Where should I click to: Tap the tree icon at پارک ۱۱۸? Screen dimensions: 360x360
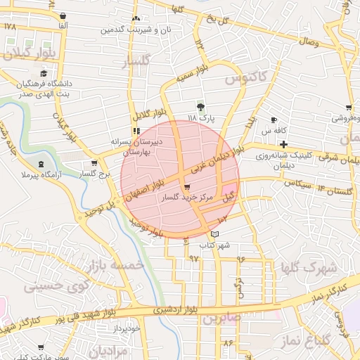202,107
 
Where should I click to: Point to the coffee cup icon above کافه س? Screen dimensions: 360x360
274,120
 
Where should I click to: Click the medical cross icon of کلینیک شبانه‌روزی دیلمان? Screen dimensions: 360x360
283,144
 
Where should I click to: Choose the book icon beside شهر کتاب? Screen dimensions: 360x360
214,234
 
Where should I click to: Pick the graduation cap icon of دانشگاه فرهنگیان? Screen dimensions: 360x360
44,73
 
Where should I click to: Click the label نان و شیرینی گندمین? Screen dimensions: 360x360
136,30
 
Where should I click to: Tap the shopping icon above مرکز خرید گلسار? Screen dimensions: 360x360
186,188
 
